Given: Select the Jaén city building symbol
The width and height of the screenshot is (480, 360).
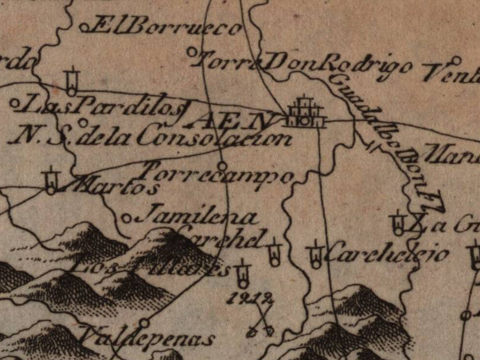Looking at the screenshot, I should pos(305,113).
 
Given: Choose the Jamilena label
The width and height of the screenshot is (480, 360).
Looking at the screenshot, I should pos(195,217).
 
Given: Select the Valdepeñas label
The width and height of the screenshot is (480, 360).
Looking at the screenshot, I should pos(148,339).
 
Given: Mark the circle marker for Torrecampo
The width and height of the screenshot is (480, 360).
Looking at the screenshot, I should pos(222,165).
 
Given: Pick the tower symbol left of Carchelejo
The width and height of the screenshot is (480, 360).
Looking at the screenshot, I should pos(315,254).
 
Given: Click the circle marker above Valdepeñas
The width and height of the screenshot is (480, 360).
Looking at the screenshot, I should pos(143,323).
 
